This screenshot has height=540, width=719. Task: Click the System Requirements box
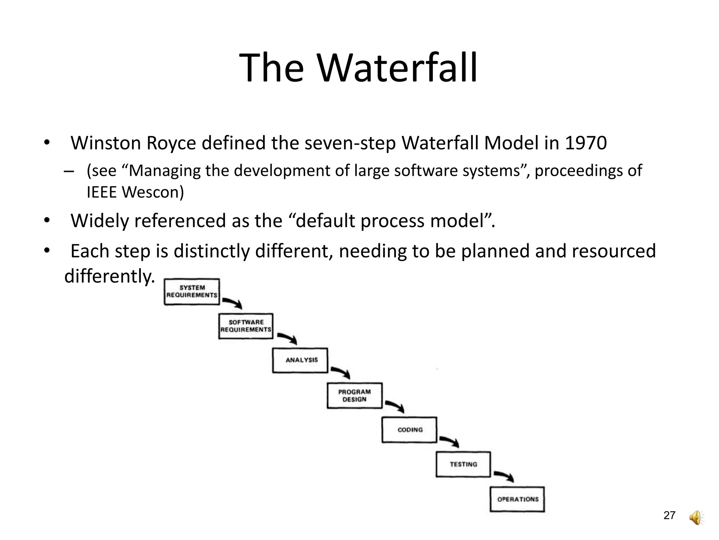[x=192, y=291]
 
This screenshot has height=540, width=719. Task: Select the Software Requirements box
[x=246, y=326]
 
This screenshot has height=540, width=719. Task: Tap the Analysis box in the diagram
[x=300, y=360]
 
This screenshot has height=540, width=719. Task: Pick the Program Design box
[x=355, y=396]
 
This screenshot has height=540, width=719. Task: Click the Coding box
[x=409, y=430]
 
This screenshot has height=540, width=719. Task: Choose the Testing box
[x=463, y=464]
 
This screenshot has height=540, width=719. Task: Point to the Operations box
[x=517, y=499]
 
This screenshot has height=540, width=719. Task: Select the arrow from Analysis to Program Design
[x=341, y=372]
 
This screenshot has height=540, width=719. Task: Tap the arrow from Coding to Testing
[x=450, y=442]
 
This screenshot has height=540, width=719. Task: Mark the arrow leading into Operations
[x=504, y=476]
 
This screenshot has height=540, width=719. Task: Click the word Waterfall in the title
[x=397, y=67]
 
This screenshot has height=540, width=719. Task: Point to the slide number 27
[x=669, y=515]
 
